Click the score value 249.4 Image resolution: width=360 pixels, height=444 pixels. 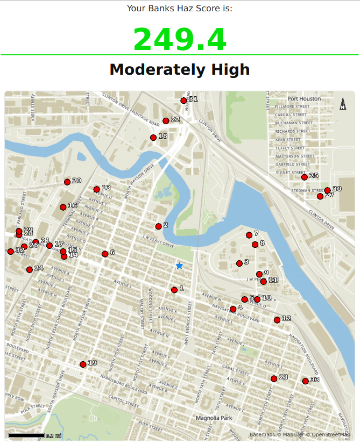click(x=180, y=39)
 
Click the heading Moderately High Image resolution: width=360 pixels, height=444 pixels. click(x=180, y=70)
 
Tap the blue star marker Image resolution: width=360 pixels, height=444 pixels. click(x=179, y=266)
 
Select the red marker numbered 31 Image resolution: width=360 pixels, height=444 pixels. click(x=183, y=101)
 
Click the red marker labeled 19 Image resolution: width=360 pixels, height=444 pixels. click(x=83, y=364)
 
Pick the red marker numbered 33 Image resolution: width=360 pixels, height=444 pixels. click(x=305, y=381)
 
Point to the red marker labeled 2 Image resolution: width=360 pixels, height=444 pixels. click(x=158, y=226)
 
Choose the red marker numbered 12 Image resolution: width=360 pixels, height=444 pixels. click(x=277, y=320)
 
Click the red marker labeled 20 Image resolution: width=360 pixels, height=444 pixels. click(x=67, y=182)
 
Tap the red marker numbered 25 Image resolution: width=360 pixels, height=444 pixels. click(x=304, y=177)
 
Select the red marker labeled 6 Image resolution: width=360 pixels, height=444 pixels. click(x=105, y=254)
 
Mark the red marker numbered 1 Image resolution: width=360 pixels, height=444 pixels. click(x=174, y=290)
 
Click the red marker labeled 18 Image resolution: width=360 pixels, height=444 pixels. click(x=153, y=138)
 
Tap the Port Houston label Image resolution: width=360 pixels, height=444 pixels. click(x=304, y=99)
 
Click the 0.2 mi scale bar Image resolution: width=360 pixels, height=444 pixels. click(x=26, y=435)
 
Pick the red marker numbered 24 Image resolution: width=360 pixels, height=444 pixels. click(x=29, y=269)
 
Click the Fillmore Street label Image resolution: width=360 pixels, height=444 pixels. click(x=291, y=106)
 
